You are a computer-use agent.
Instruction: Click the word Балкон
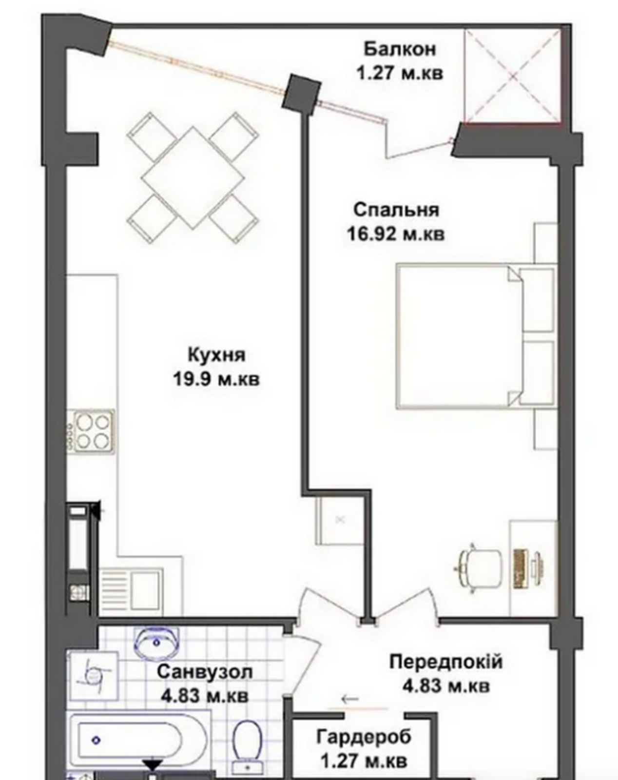(x=399, y=49)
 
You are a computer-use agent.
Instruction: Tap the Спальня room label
(x=396, y=210)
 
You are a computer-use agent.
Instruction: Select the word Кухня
(x=216, y=355)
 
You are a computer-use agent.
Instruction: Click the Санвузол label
(x=204, y=672)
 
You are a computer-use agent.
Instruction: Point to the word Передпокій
(x=446, y=662)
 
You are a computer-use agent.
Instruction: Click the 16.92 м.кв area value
(x=396, y=234)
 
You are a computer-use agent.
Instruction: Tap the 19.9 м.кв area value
(x=216, y=379)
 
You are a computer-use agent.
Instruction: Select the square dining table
(x=193, y=179)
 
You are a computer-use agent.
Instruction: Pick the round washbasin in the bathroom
(x=156, y=643)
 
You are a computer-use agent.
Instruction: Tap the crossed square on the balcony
(x=513, y=76)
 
